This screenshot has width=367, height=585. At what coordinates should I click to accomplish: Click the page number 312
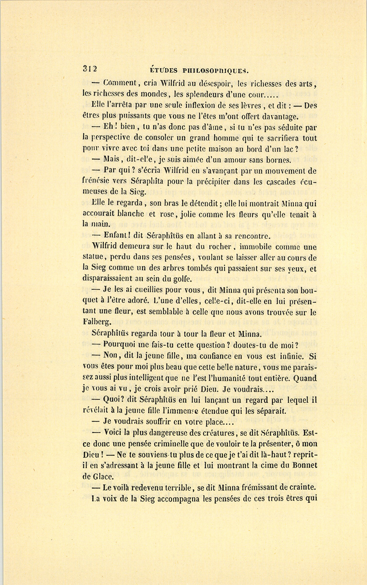click(x=89, y=69)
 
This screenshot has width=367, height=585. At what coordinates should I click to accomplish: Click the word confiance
click(x=210, y=356)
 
